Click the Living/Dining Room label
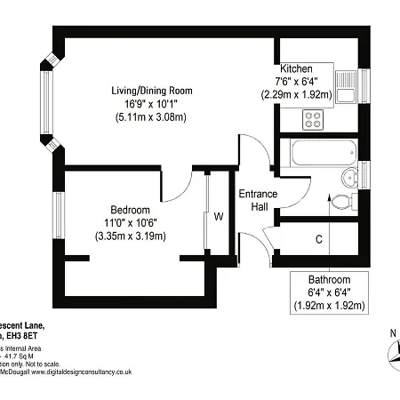click(x=151, y=91)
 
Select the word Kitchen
click(x=295, y=69)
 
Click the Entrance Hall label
click(x=258, y=201)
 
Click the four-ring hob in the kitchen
click(x=313, y=116)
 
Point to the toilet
click(x=340, y=203)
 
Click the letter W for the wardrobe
click(x=219, y=215)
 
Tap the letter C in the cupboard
click(x=319, y=238)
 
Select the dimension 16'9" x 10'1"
click(x=151, y=103)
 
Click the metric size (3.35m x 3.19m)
click(x=130, y=236)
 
